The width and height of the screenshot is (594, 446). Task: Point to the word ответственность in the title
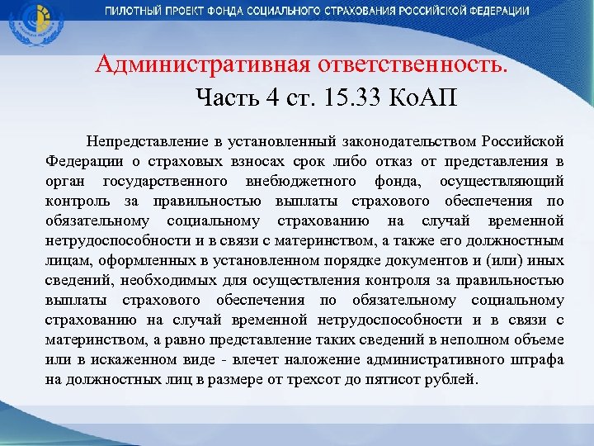point(402,64)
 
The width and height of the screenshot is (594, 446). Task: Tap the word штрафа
point(535,360)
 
